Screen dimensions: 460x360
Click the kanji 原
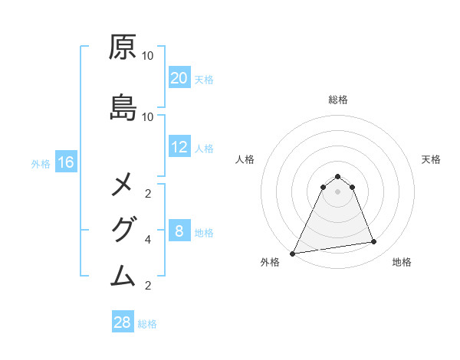[x=123, y=48]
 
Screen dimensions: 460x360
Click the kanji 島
[x=123, y=108]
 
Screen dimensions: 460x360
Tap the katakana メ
[x=123, y=185]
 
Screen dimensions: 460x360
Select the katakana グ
[x=123, y=229]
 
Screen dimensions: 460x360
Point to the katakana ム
[x=123, y=273]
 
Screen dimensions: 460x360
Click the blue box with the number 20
[x=179, y=78]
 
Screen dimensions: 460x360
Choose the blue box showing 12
[x=179, y=147]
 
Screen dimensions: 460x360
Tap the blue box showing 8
[x=179, y=231]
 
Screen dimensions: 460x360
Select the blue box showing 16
[x=66, y=162]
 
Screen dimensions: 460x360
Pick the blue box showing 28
[x=123, y=322]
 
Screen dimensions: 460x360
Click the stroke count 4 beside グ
[x=148, y=240]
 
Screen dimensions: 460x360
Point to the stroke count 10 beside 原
[x=148, y=56]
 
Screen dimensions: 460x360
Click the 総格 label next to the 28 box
[x=147, y=324]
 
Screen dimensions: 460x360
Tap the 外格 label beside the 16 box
[x=41, y=164]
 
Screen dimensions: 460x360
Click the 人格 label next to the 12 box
[x=204, y=149]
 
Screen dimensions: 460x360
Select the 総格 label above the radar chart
[x=337, y=100]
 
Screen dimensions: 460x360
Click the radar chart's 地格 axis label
[x=402, y=263]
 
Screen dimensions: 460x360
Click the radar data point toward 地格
[x=374, y=242]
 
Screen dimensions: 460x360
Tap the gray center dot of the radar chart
[x=337, y=191]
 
